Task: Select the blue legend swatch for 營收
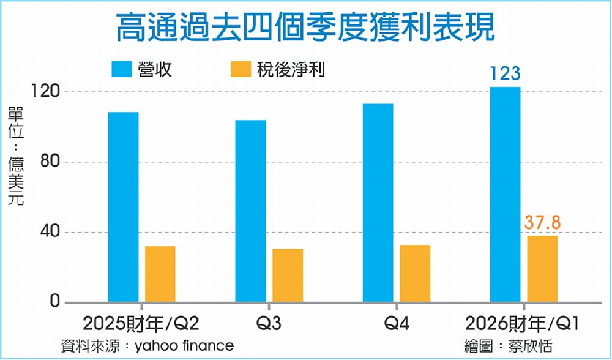click(126, 69)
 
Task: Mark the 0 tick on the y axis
click(54, 302)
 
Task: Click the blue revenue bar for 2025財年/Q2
click(123, 207)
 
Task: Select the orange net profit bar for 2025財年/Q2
click(160, 274)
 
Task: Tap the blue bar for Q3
click(251, 211)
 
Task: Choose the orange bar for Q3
click(288, 276)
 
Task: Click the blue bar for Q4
click(378, 203)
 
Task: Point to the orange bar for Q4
click(415, 274)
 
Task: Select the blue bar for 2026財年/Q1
click(506, 195)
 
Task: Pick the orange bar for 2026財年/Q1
click(542, 269)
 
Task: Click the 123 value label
click(505, 74)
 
